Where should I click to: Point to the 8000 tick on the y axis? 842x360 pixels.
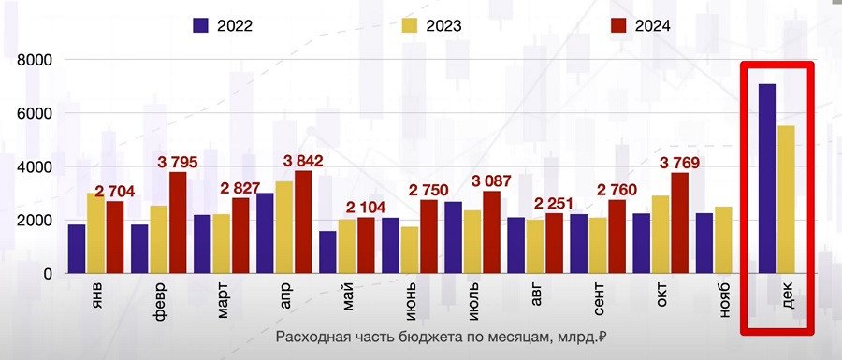[x=33, y=60]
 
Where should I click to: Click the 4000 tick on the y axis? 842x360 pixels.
[x=33, y=167]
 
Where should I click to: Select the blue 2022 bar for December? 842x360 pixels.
[x=767, y=179]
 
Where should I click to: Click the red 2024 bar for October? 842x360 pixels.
[x=679, y=223]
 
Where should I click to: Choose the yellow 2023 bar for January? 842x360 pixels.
[x=95, y=234]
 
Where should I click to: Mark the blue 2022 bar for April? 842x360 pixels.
[x=265, y=234]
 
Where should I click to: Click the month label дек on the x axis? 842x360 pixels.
[x=786, y=297]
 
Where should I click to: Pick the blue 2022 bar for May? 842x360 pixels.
[x=327, y=252]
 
